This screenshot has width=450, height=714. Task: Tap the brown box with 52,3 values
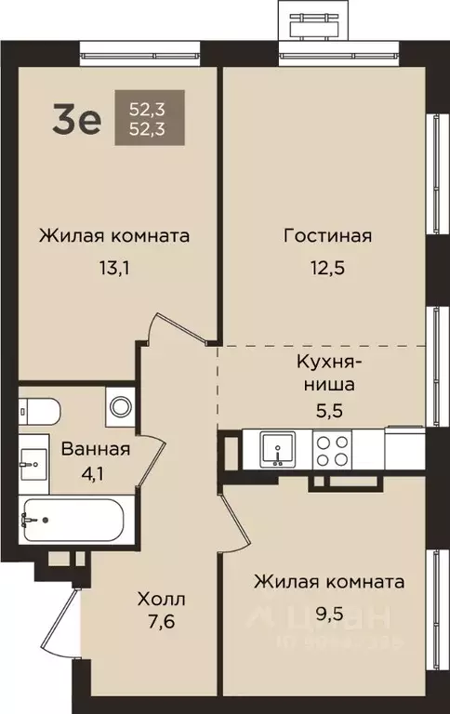[x=142, y=117]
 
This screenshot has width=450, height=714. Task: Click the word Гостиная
[x=327, y=235]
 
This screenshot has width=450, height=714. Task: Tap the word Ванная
[x=96, y=449]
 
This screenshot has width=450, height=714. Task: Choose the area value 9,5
[x=330, y=616]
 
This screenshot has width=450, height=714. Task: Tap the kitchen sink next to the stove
[x=276, y=450]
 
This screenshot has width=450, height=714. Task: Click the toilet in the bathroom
[x=39, y=409]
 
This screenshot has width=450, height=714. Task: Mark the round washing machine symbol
[x=119, y=406]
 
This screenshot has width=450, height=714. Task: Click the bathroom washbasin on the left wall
[x=33, y=458]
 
